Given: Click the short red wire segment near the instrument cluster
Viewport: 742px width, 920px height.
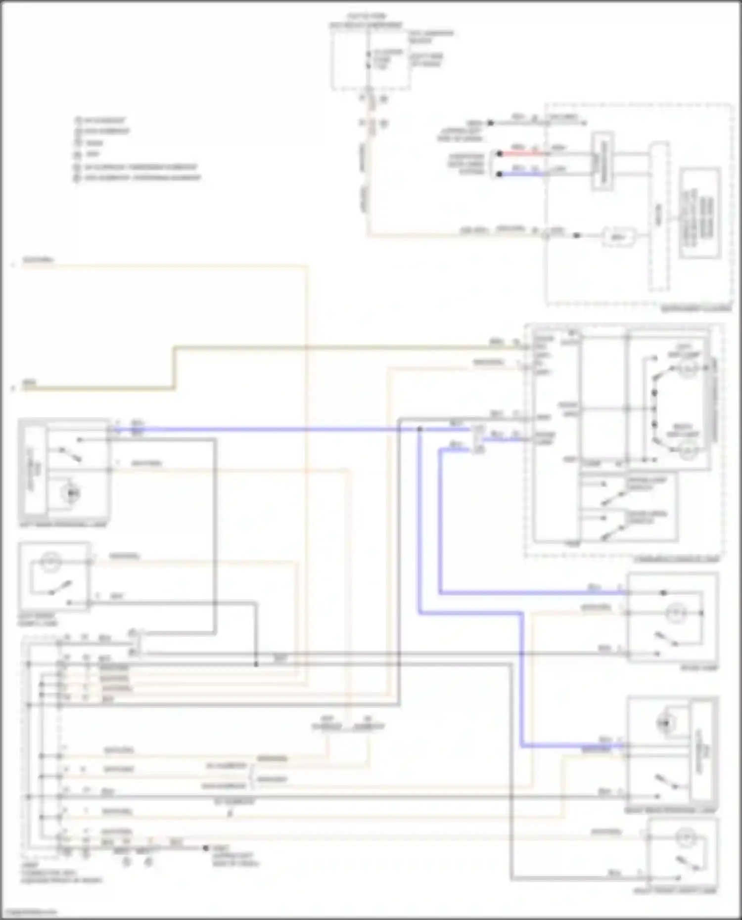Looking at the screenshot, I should (x=519, y=154).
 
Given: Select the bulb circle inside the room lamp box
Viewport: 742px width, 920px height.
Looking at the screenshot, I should (x=673, y=613).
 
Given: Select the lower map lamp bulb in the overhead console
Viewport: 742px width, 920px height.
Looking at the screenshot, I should (x=688, y=449).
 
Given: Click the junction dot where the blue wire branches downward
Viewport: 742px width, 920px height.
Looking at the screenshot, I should (x=419, y=430).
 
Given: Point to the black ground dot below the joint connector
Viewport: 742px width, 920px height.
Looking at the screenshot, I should (x=206, y=848).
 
